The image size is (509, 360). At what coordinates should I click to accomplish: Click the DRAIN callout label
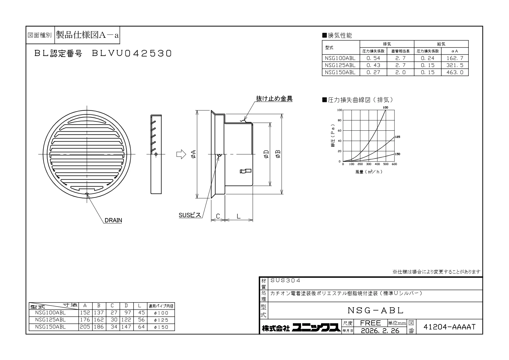click(113, 220)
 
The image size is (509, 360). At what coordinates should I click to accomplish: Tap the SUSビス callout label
click(190, 215)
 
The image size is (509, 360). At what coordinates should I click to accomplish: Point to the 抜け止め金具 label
click(274, 99)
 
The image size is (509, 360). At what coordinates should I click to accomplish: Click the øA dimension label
click(193, 154)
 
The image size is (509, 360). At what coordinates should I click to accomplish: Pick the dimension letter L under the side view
click(238, 216)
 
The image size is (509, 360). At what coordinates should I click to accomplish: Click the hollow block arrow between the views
click(181, 154)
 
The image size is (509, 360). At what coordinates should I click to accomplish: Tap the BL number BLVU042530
click(132, 54)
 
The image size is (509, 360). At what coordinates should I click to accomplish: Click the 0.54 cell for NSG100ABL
click(373, 58)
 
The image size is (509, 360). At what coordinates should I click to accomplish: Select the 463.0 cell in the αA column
click(455, 72)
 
